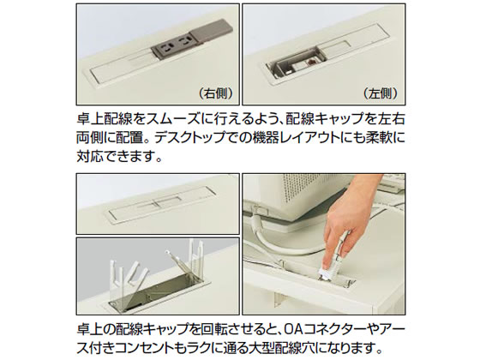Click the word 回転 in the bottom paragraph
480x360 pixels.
193,329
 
